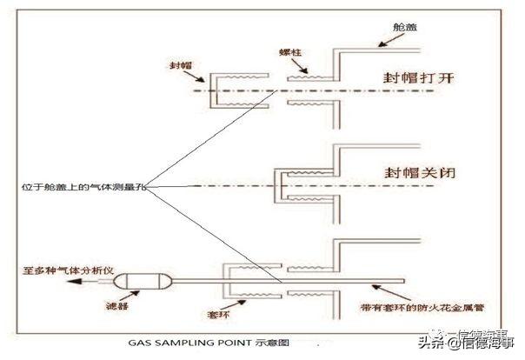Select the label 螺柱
tap(292, 54)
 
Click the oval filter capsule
tap(143, 280)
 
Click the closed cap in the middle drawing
tap(292, 186)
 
